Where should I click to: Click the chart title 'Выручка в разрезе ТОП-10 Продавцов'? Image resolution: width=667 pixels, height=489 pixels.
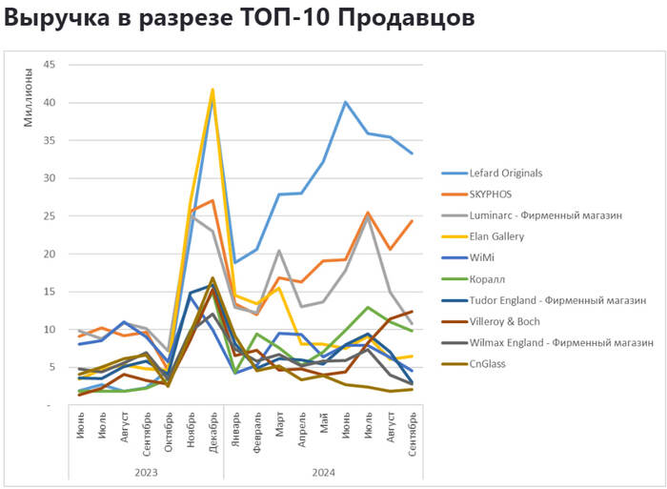click(x=238, y=19)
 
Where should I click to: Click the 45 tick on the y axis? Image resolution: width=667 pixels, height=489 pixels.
click(x=50, y=65)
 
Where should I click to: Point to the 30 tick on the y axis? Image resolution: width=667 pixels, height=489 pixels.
click(x=50, y=178)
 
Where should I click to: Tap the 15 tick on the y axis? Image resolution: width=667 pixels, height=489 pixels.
click(x=50, y=292)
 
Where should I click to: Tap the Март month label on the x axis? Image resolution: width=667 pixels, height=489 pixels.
click(x=279, y=428)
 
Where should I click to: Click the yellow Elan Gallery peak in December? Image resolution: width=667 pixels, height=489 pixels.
click(x=212, y=90)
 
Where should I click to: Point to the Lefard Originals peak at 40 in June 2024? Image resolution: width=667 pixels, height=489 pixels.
click(x=346, y=102)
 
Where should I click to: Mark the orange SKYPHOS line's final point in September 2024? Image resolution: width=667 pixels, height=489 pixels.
click(x=412, y=221)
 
